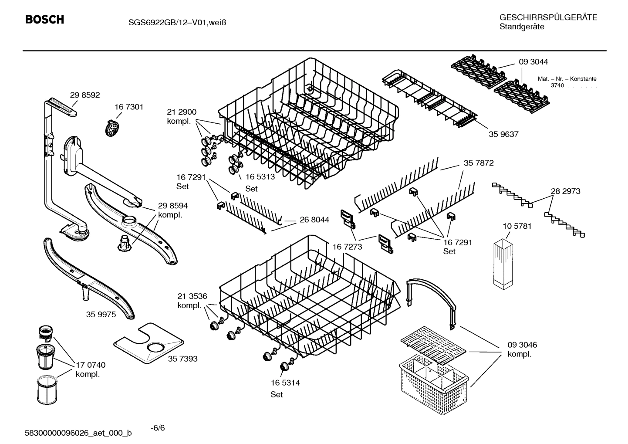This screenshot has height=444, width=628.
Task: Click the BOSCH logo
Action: (x=44, y=20)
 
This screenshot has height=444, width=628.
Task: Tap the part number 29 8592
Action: (x=85, y=95)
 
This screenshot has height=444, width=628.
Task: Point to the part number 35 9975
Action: (x=101, y=314)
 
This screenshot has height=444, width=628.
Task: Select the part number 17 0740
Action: (x=91, y=365)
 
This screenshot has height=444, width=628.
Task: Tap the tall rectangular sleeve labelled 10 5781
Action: (x=504, y=264)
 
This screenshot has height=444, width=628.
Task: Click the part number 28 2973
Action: (x=565, y=191)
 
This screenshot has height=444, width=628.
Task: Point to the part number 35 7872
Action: (x=478, y=163)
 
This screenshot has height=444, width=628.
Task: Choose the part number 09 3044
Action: (x=533, y=62)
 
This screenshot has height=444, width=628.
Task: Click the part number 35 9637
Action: (x=503, y=134)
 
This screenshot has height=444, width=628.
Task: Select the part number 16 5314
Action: (x=285, y=383)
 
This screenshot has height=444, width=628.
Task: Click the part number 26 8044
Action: (x=314, y=220)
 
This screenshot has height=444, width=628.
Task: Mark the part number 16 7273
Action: (x=347, y=247)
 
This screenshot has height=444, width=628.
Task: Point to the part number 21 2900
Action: (x=182, y=112)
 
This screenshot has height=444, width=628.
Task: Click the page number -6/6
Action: (x=158, y=427)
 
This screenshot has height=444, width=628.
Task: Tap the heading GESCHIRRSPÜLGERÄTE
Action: (x=548, y=17)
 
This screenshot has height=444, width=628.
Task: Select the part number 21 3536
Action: (x=192, y=296)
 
